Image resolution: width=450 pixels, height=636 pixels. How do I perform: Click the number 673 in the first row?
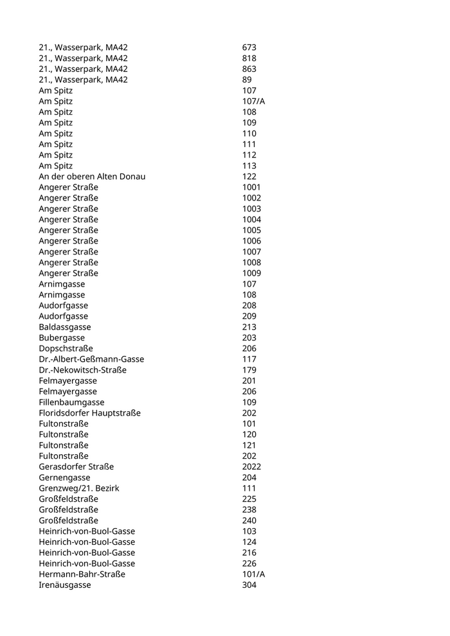coord(249,48)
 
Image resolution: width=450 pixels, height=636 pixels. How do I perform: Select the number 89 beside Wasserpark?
coord(247,80)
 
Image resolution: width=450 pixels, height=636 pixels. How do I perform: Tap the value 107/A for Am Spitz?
coord(253,102)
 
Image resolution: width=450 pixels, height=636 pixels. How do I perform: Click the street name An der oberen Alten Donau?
coord(92,177)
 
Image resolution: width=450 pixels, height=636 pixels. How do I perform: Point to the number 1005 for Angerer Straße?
coord(251,230)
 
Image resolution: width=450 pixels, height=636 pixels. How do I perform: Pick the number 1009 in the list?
coord(251,273)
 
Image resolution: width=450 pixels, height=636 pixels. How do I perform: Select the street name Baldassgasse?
coord(64,327)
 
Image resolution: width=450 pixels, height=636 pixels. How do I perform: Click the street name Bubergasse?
coord(62,338)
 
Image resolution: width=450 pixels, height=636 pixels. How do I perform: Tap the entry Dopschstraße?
coord(66,349)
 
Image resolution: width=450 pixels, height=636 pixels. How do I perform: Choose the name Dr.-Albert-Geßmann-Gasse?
coord(91,359)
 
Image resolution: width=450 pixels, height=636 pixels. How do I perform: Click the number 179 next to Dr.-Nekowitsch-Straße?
coord(249,370)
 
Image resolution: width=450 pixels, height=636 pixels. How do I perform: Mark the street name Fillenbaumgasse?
coord(71,402)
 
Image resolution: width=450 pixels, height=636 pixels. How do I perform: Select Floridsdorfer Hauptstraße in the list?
coord(89,413)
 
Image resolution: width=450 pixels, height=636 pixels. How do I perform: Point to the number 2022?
coord(251,467)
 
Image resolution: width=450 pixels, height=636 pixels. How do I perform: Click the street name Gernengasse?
coord(64,477)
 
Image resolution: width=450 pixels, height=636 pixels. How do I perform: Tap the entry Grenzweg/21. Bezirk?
coord(78,488)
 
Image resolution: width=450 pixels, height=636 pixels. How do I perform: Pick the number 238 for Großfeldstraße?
coord(249,510)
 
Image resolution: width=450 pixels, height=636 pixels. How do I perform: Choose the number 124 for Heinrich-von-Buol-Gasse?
coord(249,542)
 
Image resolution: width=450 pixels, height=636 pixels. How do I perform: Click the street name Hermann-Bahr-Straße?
coord(82,574)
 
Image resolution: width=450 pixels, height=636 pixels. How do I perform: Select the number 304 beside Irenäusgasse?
coord(249,585)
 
